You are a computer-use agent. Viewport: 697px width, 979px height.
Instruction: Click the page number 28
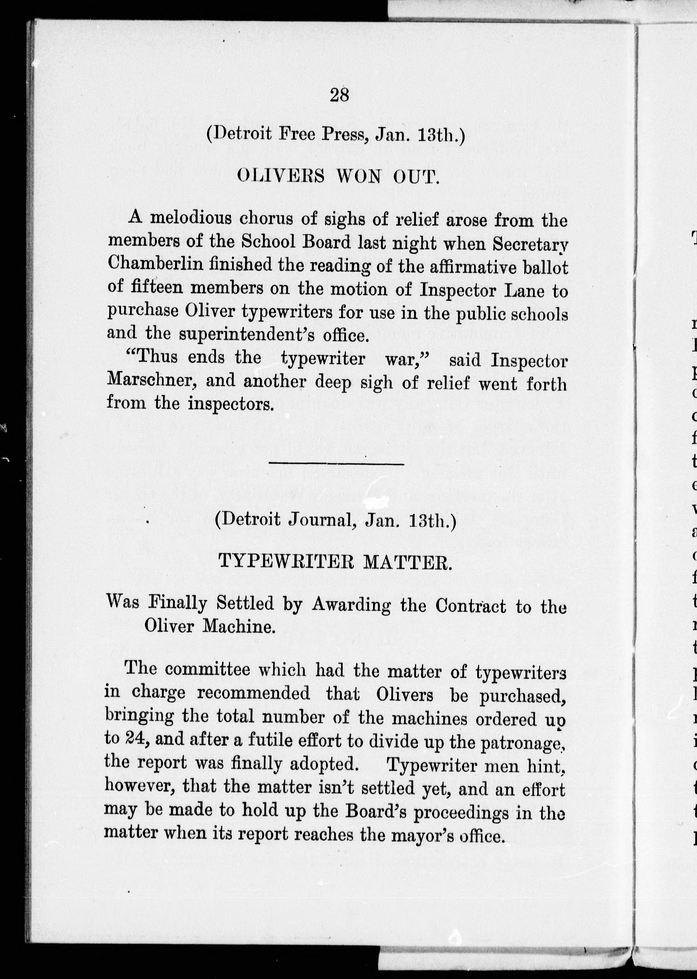[339, 95]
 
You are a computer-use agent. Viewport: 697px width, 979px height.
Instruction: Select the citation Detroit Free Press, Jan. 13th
[336, 134]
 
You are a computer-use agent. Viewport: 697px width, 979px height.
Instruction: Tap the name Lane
[525, 290]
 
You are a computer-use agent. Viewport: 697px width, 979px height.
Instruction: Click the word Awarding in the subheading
[351, 605]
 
